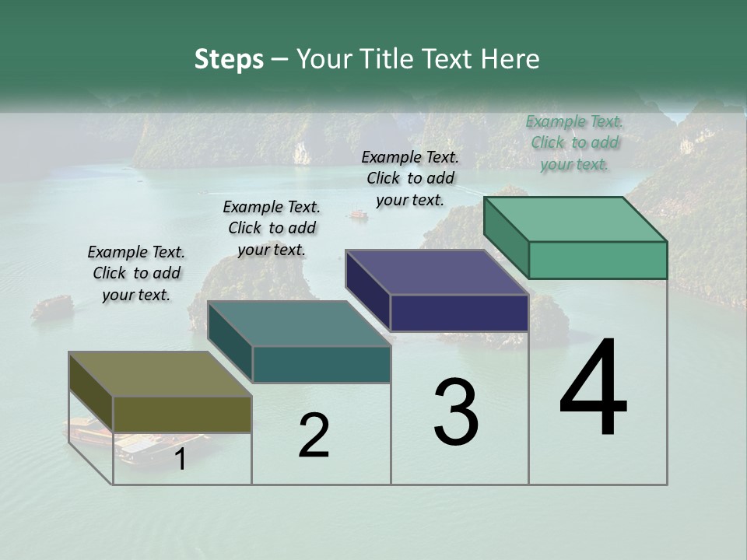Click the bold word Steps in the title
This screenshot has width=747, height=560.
(x=229, y=59)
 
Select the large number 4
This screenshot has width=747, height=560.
(x=593, y=389)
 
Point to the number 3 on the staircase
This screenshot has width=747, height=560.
(x=455, y=412)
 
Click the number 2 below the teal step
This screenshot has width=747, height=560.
(x=314, y=436)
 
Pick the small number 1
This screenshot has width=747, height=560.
(x=181, y=460)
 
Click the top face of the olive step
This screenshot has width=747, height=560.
(x=160, y=374)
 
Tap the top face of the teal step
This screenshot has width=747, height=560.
(x=299, y=324)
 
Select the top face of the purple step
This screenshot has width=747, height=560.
(x=437, y=272)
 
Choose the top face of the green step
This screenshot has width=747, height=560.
(x=575, y=219)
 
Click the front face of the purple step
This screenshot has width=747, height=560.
(x=459, y=313)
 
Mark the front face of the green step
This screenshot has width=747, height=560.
(x=598, y=260)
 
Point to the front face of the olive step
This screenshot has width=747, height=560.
(x=182, y=414)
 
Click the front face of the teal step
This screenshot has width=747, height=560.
(x=321, y=364)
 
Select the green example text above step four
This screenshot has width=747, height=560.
(x=574, y=143)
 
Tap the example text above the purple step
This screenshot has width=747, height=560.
(x=410, y=178)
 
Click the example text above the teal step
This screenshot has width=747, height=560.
(x=272, y=228)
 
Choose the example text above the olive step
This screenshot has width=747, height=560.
(x=136, y=273)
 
